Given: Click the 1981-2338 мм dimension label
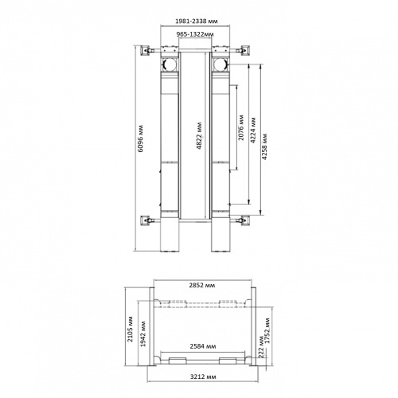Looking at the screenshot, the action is pos(197,21).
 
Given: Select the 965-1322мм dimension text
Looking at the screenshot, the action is pos(195,34).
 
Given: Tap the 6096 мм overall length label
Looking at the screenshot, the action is pos(141,139).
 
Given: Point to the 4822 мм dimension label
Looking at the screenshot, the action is pos(200,135).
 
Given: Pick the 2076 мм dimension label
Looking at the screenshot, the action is pos(241,127).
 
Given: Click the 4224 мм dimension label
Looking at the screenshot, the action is pos(253,131).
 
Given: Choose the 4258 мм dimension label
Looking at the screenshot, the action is pos(264,146).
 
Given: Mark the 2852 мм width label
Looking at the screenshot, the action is pos(202,285).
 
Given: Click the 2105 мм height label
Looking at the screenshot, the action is pos(131,329).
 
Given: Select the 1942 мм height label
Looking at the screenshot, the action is pos(143,334).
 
